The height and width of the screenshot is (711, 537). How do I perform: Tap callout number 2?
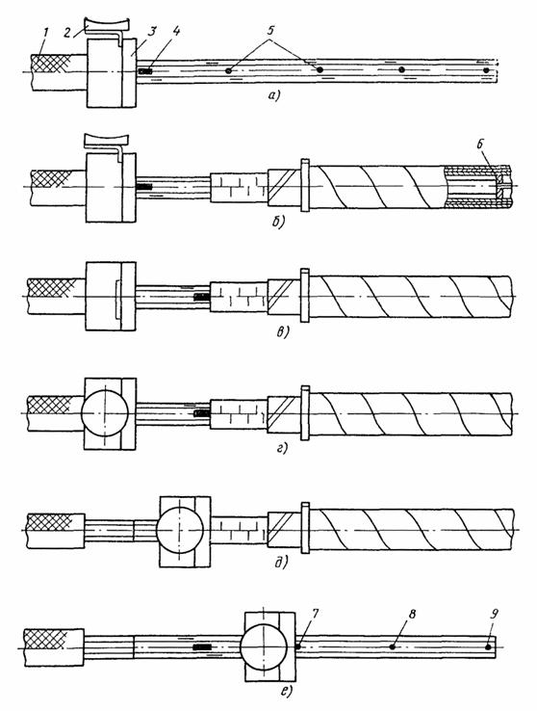(67, 32)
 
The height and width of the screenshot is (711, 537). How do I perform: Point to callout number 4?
(176, 31)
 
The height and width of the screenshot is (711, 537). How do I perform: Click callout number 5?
(270, 31)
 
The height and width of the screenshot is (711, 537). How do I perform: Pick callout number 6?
(481, 145)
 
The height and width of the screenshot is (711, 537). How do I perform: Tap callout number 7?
(316, 614)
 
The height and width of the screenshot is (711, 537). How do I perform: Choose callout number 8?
(412, 614)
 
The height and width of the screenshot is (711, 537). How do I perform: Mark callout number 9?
(495, 614)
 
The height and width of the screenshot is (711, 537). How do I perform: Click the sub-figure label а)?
(274, 95)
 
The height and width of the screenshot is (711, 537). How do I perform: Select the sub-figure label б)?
(277, 223)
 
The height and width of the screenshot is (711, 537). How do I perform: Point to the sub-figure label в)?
(282, 332)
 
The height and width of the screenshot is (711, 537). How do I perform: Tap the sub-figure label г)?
(282, 449)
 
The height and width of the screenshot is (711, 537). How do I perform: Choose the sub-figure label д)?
(282, 563)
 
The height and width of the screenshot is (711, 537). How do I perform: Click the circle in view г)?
(105, 413)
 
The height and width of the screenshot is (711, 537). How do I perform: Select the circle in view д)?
(180, 530)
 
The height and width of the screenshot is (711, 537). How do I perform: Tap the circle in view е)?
(264, 646)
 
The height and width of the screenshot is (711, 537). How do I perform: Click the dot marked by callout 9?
(488, 647)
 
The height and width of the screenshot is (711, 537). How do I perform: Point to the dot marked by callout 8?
(392, 646)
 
